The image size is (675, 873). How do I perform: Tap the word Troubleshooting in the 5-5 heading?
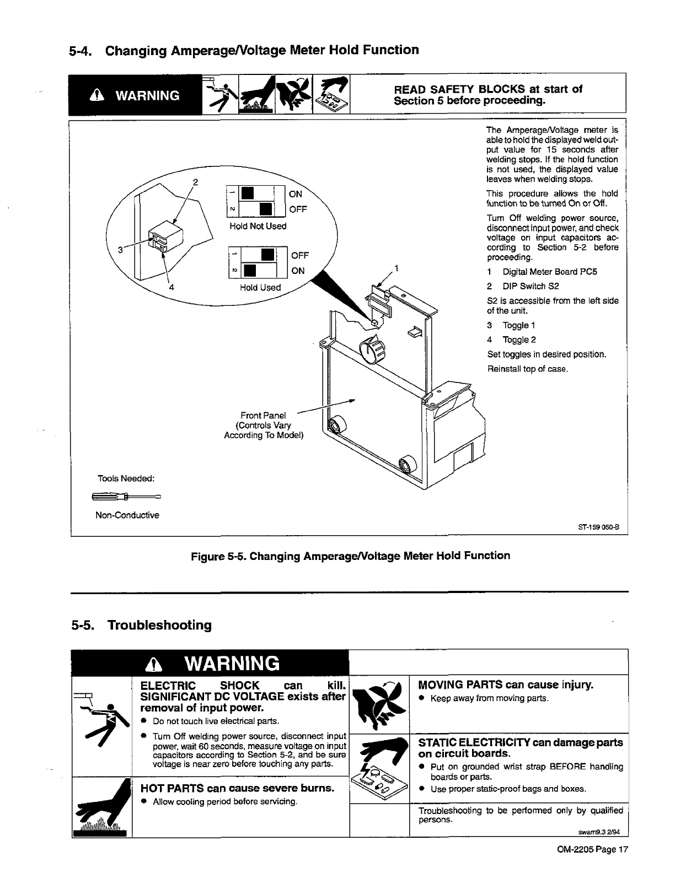click(159, 625)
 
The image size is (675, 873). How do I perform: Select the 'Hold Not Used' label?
click(258, 226)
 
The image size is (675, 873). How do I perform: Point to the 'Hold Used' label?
click(260, 287)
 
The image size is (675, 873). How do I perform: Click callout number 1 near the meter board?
click(397, 269)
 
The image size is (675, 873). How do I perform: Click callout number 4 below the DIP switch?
click(172, 287)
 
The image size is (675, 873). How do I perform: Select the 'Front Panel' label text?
click(263, 415)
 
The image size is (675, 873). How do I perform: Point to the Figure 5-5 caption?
click(350, 556)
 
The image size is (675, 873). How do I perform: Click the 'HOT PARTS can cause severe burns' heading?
click(238, 788)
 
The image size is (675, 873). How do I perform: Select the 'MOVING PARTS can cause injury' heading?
click(506, 685)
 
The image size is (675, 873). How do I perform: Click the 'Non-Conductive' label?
click(127, 515)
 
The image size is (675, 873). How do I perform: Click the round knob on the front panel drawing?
click(369, 348)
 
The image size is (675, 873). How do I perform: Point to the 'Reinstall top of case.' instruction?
click(527, 369)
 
